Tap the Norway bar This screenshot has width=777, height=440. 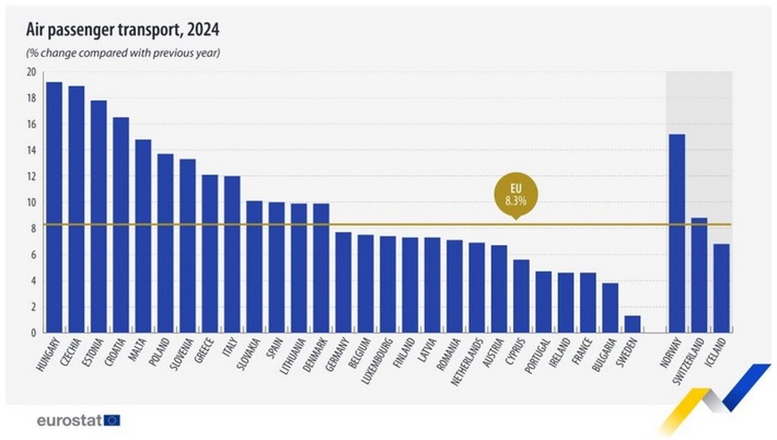pyautogui.click(x=677, y=233)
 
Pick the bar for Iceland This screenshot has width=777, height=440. pyautogui.click(x=721, y=288)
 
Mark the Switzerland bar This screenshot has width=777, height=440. pyautogui.click(x=699, y=275)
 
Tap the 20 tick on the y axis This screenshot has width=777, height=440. pyautogui.click(x=31, y=72)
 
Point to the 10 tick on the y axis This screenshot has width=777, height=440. pyautogui.click(x=31, y=203)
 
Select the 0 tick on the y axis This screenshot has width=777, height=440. pyautogui.click(x=33, y=333)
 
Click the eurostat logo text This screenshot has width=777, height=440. pyautogui.click(x=69, y=421)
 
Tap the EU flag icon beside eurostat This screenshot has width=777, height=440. pyautogui.click(x=113, y=421)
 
